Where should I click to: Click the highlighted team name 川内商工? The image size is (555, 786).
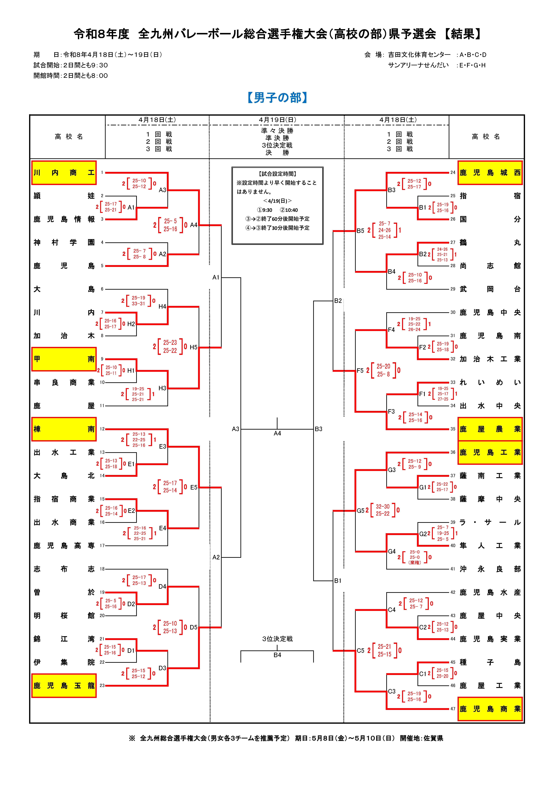pos(64,173)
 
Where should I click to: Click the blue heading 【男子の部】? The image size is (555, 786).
pos(277,98)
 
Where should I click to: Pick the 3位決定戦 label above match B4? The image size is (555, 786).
pos(277,639)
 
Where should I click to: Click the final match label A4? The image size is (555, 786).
pos(277,433)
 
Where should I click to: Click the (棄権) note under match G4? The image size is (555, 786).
pos(415,562)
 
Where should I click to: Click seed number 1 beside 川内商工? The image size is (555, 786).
pos(102,173)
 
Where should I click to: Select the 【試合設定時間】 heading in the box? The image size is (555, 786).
pos(277,174)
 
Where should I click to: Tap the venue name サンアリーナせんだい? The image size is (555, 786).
pos(418,65)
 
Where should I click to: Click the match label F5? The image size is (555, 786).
pos(360,370)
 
